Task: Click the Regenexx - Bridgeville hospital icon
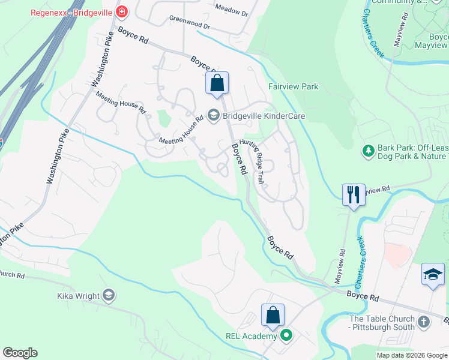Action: click(122, 11)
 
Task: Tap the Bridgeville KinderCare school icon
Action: click(212, 114)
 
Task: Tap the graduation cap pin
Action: click(433, 274)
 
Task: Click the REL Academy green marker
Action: click(286, 336)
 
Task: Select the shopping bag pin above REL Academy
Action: click(273, 316)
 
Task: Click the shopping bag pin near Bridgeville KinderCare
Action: click(217, 83)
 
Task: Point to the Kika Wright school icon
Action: click(108, 295)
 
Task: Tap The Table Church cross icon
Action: click(423, 323)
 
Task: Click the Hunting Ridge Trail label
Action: click(253, 161)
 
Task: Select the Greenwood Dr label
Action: click(190, 23)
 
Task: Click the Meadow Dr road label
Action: click(231, 10)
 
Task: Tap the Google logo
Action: click(20, 353)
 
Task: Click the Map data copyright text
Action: click(412, 355)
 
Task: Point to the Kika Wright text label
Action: click(78, 296)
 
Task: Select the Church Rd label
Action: click(12, 275)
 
